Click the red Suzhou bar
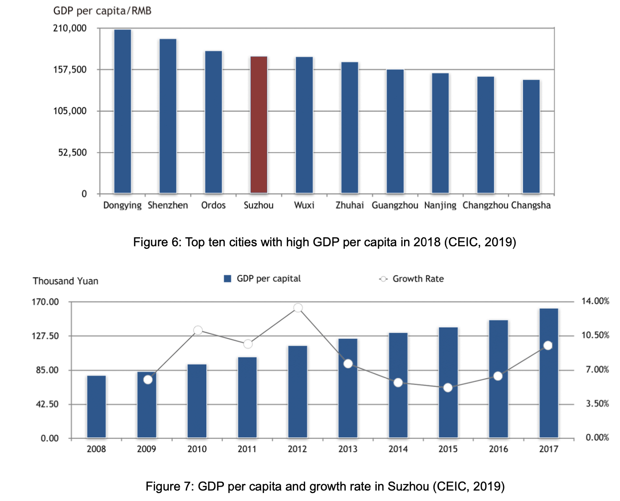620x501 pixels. point(259,124)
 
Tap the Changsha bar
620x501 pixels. point(531,136)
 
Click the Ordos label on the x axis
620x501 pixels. point(213,205)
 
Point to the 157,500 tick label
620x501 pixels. point(70,70)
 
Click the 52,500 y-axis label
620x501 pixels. point(73,153)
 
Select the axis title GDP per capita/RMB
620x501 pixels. point(102,11)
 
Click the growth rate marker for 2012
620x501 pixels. point(298,308)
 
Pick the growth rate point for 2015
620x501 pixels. point(448,388)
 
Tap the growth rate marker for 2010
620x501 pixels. point(198,330)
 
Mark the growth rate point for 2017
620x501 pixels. point(548,345)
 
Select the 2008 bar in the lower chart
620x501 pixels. point(97,406)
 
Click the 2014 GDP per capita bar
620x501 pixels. point(398,385)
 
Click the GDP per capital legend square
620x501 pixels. point(228,279)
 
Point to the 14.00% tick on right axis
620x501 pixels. point(595,301)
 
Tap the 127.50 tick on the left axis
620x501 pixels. point(45,336)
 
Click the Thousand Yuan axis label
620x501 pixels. point(66,281)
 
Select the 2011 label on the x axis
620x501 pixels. point(247,449)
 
